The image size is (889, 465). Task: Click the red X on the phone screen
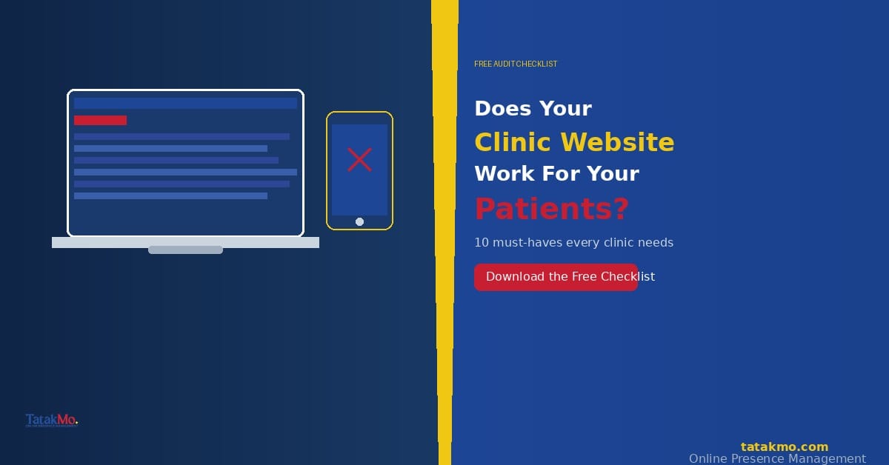(359, 160)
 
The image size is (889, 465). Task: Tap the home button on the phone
(359, 221)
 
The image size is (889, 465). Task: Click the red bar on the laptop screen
(100, 120)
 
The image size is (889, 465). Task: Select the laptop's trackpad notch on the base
(185, 250)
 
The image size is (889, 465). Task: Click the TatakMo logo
(52, 421)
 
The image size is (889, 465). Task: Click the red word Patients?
(551, 209)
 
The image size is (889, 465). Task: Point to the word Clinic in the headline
(513, 142)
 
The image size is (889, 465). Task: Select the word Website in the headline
(617, 142)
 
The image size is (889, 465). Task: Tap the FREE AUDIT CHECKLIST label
(516, 64)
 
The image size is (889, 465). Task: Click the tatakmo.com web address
(784, 446)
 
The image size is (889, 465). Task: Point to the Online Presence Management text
(777, 458)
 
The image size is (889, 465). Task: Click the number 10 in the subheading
(482, 243)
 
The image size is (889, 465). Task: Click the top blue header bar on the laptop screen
(185, 104)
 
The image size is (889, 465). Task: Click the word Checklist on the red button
(627, 277)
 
